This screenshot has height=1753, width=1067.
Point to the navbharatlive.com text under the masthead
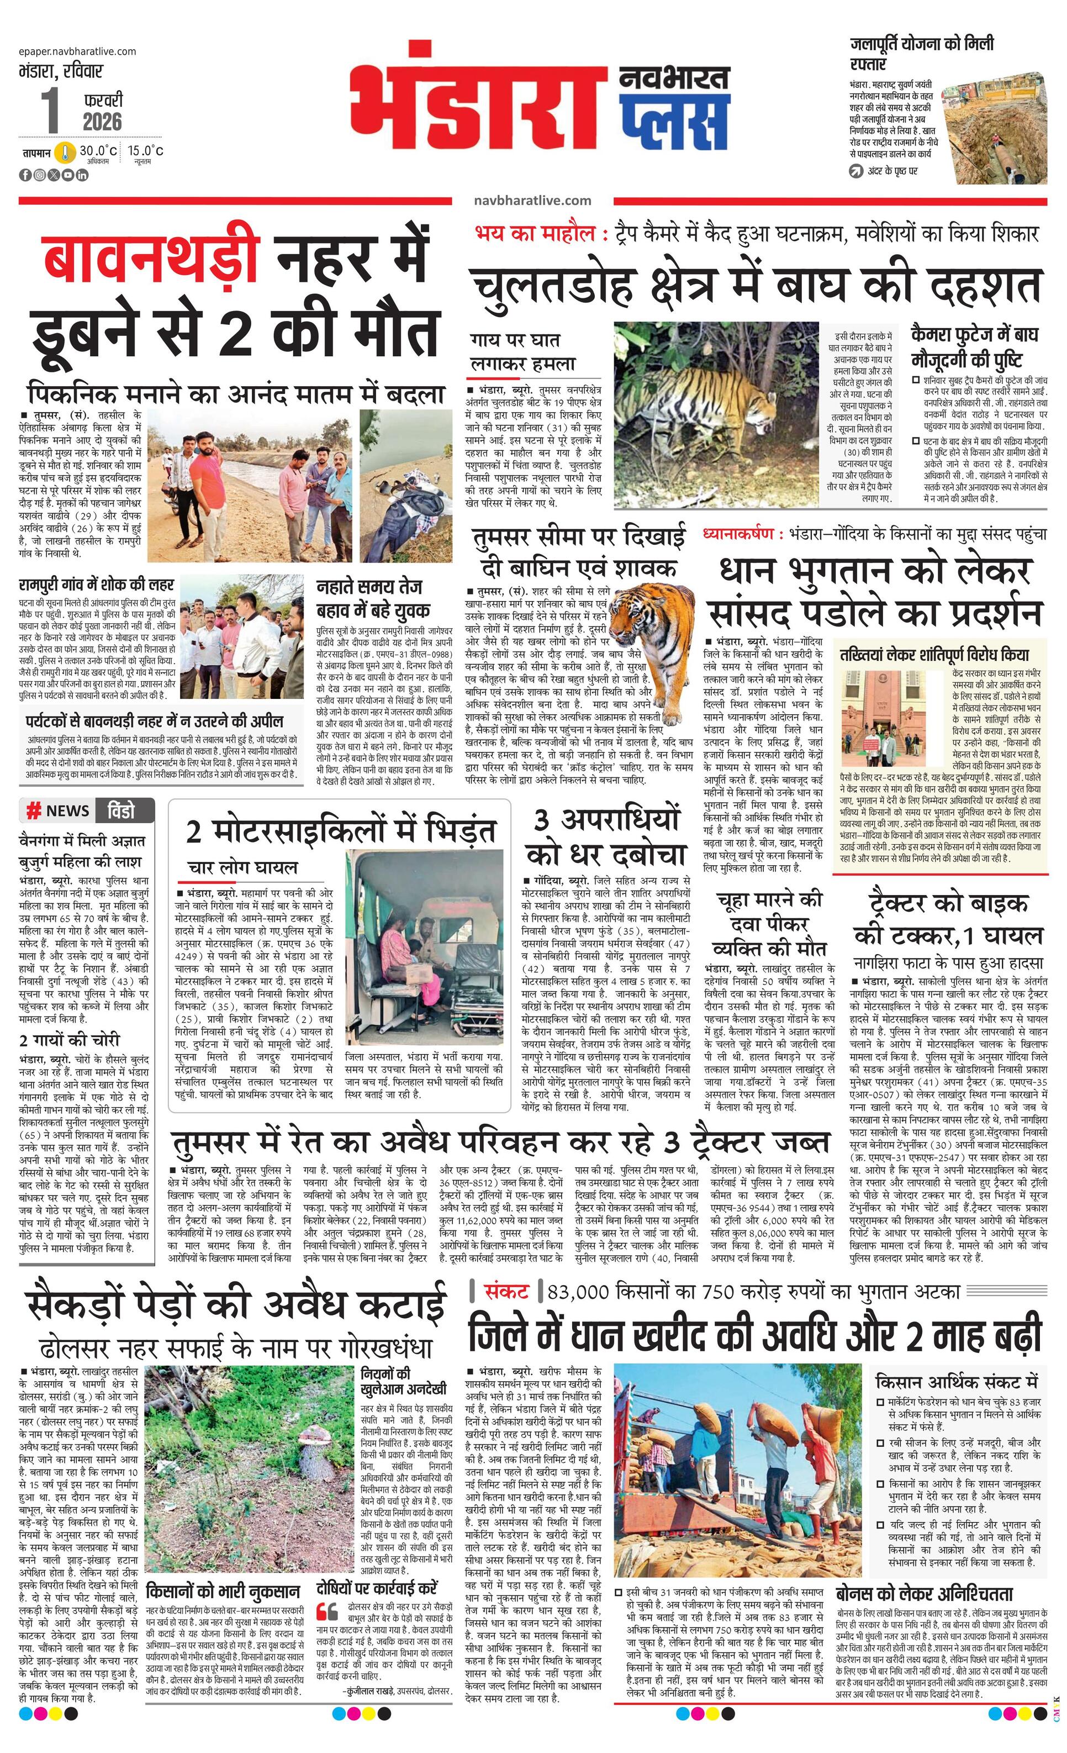[532, 201]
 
